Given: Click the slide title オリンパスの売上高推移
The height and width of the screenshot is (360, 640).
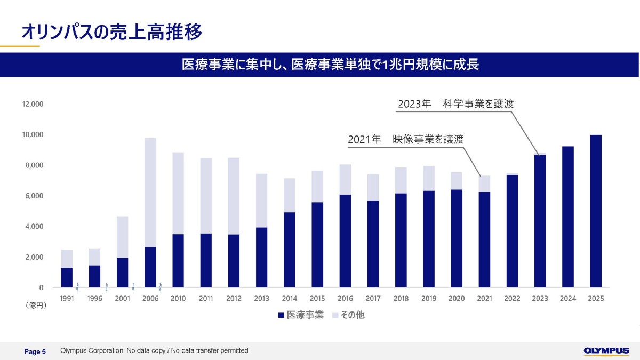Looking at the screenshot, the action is click(x=111, y=31).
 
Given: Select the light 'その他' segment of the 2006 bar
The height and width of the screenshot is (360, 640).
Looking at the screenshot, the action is click(x=150, y=193).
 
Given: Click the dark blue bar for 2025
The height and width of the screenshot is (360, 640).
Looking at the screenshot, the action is click(x=596, y=211).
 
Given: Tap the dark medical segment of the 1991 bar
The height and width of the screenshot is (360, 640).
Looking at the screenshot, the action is click(x=67, y=277).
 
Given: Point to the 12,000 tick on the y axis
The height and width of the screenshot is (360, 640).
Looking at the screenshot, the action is click(x=33, y=104).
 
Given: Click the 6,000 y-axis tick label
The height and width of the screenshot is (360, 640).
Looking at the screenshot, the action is click(x=34, y=196).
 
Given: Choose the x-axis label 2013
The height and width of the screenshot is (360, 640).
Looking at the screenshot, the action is click(x=261, y=299).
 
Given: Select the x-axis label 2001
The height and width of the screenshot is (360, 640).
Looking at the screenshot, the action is click(x=122, y=299).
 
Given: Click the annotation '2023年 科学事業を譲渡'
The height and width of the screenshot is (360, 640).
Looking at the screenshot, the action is click(x=455, y=103).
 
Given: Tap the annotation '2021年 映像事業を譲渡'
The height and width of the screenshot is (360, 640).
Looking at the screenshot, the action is click(x=406, y=139).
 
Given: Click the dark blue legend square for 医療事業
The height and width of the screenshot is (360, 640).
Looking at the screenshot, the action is click(x=281, y=315).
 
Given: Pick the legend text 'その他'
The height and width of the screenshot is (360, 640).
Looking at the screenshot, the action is click(x=353, y=315).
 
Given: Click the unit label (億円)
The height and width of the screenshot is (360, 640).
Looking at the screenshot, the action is click(x=36, y=306).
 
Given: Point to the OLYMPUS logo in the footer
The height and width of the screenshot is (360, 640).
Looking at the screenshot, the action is click(x=606, y=351).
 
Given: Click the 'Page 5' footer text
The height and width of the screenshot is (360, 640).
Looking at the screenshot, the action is click(x=35, y=351).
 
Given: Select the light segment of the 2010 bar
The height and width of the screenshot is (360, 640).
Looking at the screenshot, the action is click(x=178, y=194).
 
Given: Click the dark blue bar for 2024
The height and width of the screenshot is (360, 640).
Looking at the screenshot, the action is click(x=567, y=217).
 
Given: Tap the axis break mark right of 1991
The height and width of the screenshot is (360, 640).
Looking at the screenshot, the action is click(x=77, y=287).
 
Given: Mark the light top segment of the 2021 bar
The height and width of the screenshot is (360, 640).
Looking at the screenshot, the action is click(x=484, y=183).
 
